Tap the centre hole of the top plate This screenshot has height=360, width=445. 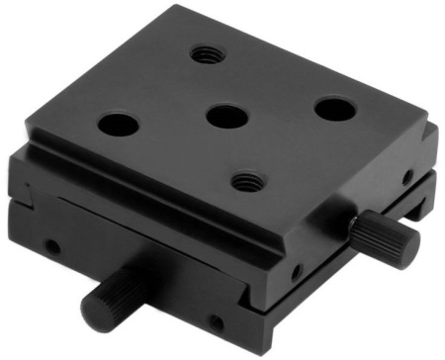pyautogui.click(x=226, y=116)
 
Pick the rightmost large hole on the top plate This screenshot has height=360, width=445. pyautogui.click(x=333, y=107)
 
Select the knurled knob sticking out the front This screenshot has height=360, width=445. pyautogui.click(x=111, y=301)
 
